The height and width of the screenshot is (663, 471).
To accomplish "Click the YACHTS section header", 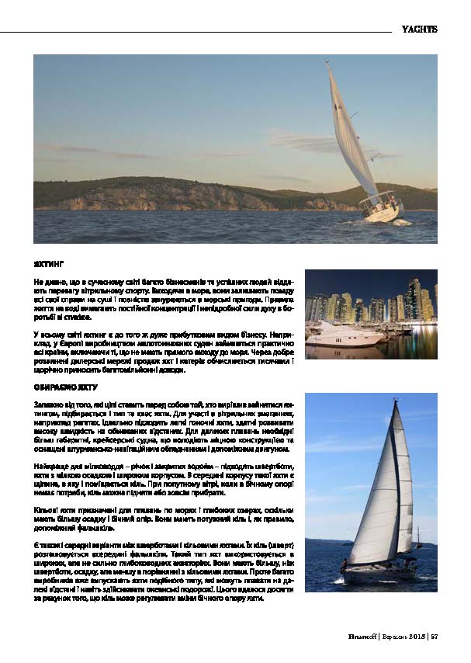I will [x=419, y=30].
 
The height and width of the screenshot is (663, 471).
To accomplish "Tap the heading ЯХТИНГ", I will [x=48, y=264].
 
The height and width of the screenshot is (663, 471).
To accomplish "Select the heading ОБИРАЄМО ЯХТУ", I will [x=64, y=385].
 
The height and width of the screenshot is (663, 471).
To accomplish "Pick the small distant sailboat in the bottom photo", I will [x=420, y=536].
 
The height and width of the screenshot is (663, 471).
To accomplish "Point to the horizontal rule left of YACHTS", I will [x=194, y=31].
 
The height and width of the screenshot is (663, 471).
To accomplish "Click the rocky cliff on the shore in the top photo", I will [x=155, y=194].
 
